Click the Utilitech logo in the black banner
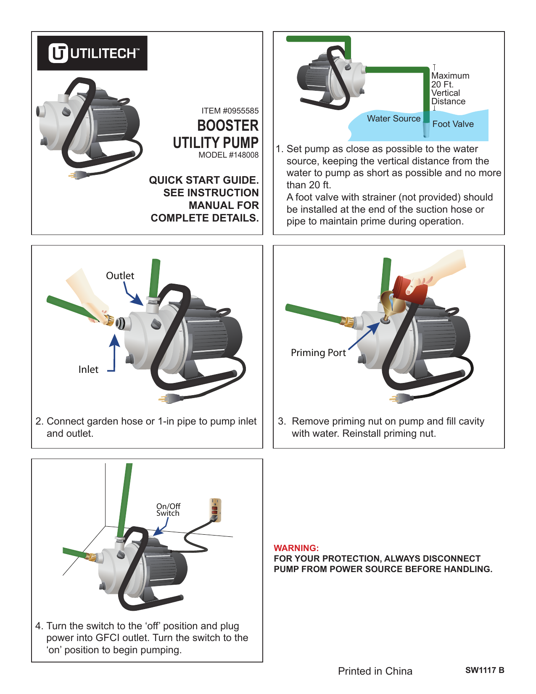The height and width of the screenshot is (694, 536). point(92,53)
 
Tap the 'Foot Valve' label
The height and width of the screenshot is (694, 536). point(453,124)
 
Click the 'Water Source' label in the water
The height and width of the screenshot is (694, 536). point(393,119)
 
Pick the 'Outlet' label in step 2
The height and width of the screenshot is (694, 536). point(120,276)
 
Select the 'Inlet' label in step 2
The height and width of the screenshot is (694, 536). point(88,369)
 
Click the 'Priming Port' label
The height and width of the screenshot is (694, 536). point(319,353)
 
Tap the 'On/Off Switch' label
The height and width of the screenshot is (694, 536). point(168,510)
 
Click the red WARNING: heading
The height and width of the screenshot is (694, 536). point(296,548)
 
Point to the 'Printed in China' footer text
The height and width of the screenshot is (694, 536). point(375,671)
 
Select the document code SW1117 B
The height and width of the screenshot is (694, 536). point(485,670)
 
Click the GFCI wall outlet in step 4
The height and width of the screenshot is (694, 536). point(215,510)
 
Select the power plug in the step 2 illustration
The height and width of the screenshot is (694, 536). point(169,398)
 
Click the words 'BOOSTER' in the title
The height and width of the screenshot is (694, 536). point(228,126)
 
